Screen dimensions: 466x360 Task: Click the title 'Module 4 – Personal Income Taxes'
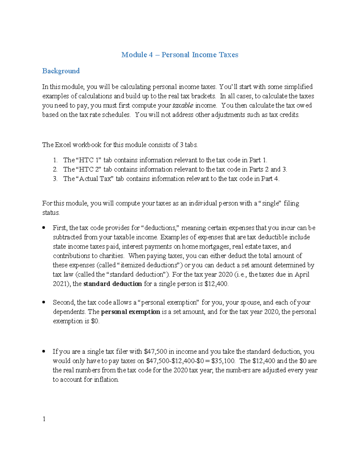pyautogui.click(x=180, y=55)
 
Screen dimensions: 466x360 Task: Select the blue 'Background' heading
pyautogui.click(x=61, y=71)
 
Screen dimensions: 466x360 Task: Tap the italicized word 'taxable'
pyautogui.click(x=183, y=106)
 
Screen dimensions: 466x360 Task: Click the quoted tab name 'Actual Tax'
pyautogui.click(x=95, y=179)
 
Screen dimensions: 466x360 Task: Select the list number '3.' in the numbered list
pyautogui.click(x=55, y=179)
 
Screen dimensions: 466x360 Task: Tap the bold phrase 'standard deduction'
pyautogui.click(x=112, y=284)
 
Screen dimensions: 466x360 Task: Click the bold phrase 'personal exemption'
pyautogui.click(x=130, y=312)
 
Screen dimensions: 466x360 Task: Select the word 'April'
pyautogui.click(x=302, y=275)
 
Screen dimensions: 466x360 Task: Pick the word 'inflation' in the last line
pyautogui.click(x=106, y=380)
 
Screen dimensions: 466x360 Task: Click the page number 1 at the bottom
pyautogui.click(x=44, y=419)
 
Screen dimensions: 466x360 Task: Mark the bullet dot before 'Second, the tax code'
pyautogui.click(x=44, y=302)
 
